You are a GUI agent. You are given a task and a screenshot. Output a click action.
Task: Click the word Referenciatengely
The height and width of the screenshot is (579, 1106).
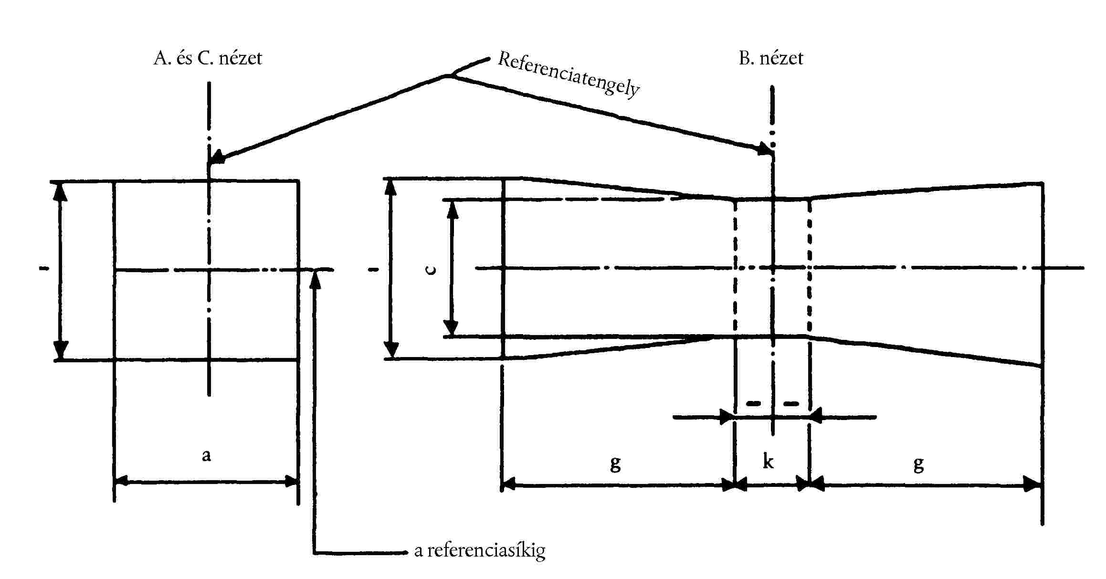click(x=568, y=74)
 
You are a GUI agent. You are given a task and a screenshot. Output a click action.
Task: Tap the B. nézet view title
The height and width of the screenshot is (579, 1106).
click(x=771, y=58)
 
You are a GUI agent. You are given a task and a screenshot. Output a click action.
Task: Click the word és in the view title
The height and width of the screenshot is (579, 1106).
click(x=184, y=58)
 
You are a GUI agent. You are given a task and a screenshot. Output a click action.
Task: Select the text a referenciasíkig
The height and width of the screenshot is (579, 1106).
click(x=480, y=551)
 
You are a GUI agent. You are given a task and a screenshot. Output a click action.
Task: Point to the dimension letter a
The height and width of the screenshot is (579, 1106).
click(x=206, y=455)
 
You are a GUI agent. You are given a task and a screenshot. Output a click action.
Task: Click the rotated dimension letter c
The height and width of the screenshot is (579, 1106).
click(x=431, y=270)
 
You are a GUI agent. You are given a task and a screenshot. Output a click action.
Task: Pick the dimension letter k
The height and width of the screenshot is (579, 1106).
click(x=768, y=462)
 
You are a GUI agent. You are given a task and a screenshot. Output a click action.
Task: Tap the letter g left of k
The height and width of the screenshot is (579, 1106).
click(x=615, y=463)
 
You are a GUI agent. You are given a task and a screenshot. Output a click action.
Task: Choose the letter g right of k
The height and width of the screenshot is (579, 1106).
click(x=919, y=463)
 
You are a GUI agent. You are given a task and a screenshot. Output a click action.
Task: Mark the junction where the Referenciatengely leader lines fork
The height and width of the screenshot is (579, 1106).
click(x=450, y=76)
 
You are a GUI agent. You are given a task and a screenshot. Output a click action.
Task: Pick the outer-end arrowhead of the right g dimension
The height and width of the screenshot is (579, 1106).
click(x=1035, y=485)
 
